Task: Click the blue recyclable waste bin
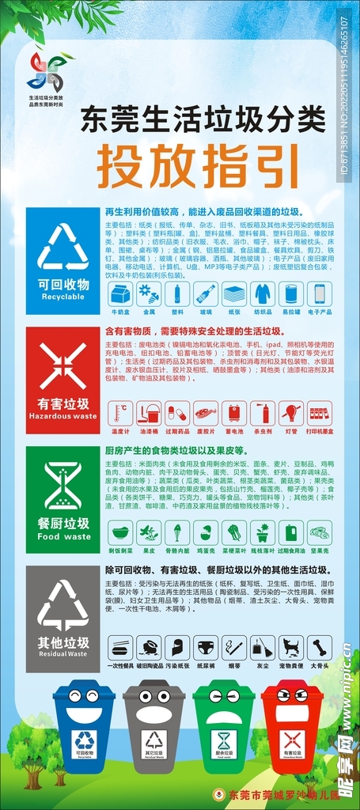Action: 83,728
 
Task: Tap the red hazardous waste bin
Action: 292,728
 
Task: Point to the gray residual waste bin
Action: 153,728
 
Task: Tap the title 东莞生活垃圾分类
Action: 203,119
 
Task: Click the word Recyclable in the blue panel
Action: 63,297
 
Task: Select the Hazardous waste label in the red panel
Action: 63,416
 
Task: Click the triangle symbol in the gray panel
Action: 63,605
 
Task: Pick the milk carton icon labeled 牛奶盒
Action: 120,294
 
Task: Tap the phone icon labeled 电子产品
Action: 320,294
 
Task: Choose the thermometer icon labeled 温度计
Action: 120,414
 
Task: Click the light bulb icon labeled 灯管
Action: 291,414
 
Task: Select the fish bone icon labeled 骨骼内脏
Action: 177,532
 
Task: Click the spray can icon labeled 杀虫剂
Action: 263,414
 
